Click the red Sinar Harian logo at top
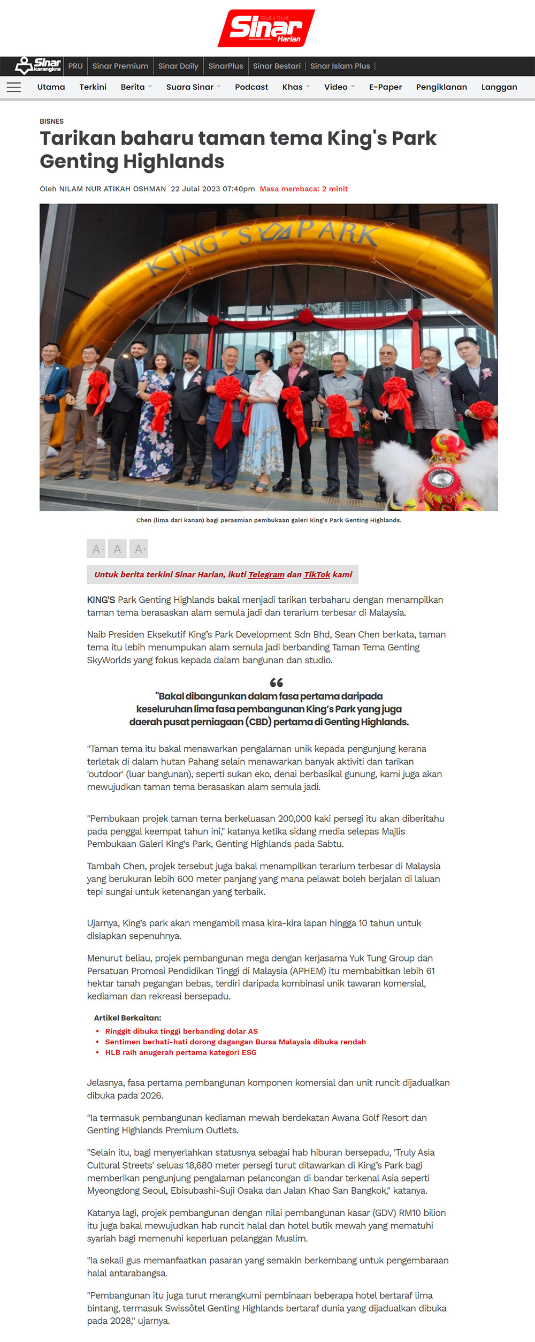tap(266, 28)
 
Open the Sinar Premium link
tap(120, 66)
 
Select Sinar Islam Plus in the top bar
tap(340, 66)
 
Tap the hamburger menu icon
tap(14, 87)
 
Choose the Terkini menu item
tap(93, 87)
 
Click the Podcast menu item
tap(251, 87)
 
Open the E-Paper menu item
tap(385, 87)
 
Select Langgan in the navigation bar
tap(499, 87)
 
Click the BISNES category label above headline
tap(51, 122)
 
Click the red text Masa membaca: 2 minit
tap(304, 189)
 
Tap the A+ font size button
tap(139, 549)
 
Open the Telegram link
tap(266, 574)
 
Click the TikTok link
tap(317, 574)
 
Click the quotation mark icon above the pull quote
tap(276, 683)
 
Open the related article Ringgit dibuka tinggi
tap(181, 1031)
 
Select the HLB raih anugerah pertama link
tap(181, 1052)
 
